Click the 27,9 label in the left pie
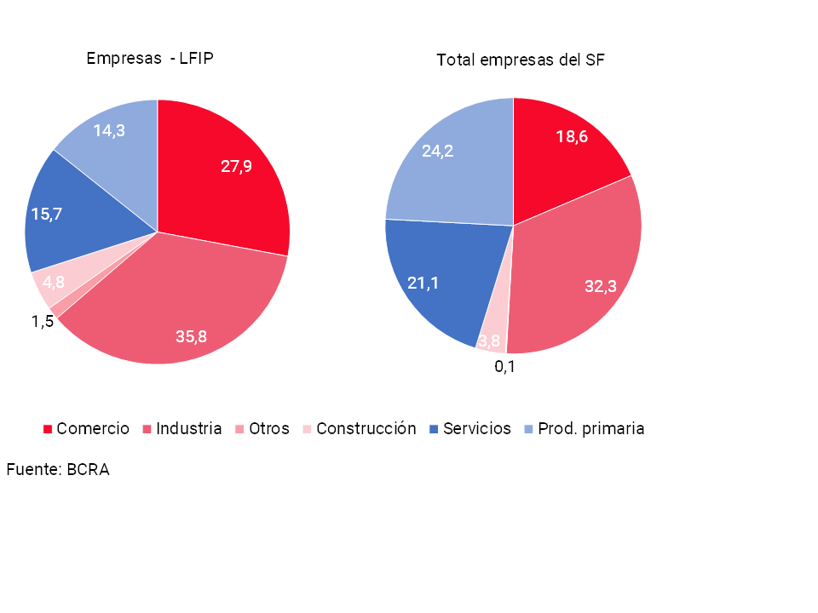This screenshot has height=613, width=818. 236,167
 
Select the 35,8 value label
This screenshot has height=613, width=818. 191,336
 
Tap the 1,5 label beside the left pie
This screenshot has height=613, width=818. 43,321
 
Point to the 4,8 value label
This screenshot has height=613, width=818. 54,282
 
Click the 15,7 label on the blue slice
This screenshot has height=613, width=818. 47,214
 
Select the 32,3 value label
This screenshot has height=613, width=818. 600,287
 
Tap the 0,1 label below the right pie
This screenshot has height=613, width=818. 505,367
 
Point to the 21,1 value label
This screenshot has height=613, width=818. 423,283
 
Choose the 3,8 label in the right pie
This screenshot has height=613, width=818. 489,341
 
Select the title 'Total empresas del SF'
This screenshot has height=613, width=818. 521,60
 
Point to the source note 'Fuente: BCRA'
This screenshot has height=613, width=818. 58,469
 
